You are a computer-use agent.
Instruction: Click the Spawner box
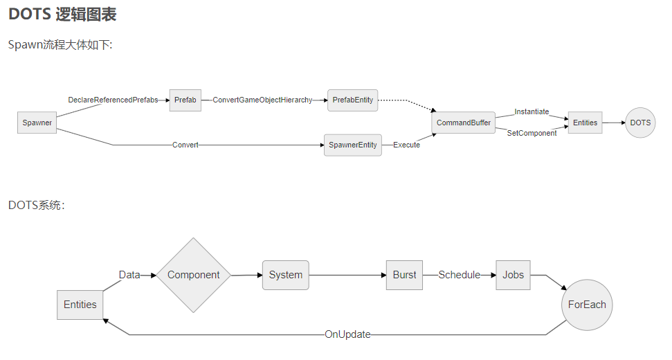point(37,123)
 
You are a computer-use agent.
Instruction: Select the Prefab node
point(185,100)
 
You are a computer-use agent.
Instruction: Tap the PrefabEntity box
point(353,100)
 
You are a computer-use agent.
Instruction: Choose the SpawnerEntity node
point(353,145)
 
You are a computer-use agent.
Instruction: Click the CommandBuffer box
point(463,123)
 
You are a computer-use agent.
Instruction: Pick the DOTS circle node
point(640,123)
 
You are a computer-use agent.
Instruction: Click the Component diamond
point(193,275)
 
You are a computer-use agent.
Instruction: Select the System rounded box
point(285,275)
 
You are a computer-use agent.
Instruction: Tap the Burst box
point(404,275)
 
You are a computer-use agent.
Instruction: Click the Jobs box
point(513,275)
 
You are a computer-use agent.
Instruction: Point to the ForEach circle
point(587,305)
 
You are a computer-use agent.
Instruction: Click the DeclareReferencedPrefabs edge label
point(113,100)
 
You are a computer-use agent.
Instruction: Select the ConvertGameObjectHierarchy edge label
point(262,100)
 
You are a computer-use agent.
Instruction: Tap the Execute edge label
point(406,145)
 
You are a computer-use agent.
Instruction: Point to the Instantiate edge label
point(532,111)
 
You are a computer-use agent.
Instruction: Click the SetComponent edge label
point(532,133)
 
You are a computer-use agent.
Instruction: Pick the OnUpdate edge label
point(347,334)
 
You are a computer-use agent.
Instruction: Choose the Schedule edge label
point(459,275)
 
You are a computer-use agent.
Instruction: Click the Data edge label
point(129,275)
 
